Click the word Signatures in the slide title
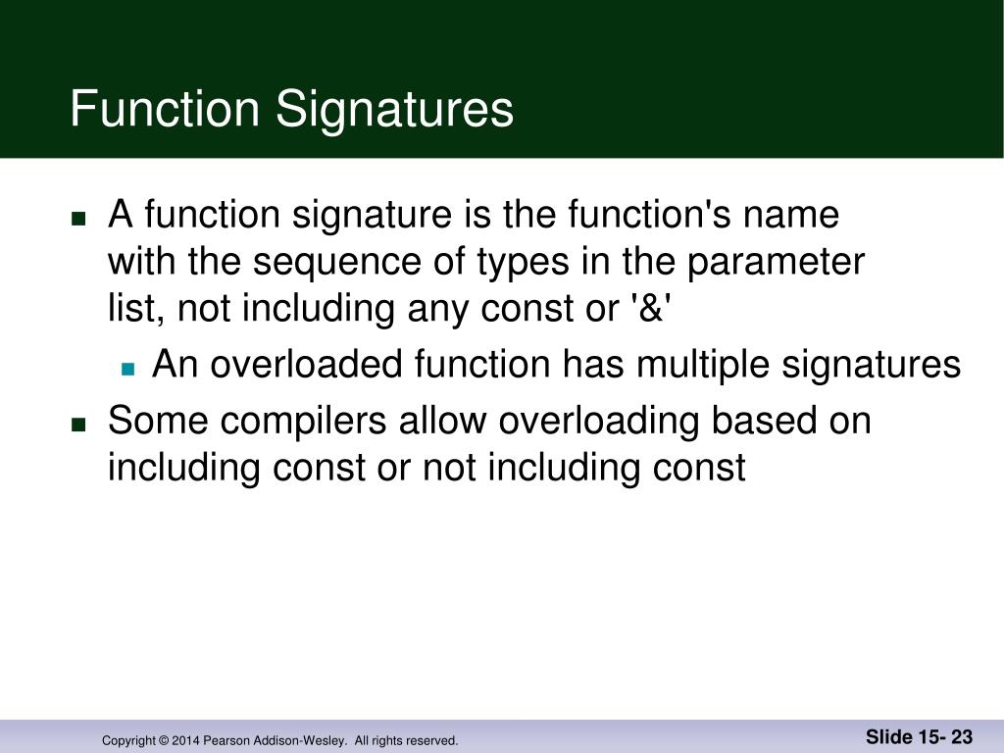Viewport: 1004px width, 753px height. point(394,110)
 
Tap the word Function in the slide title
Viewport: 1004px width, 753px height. point(165,110)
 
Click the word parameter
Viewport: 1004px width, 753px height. point(777,262)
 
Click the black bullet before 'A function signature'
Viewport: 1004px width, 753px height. point(79,218)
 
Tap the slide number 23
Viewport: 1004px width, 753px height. point(961,737)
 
